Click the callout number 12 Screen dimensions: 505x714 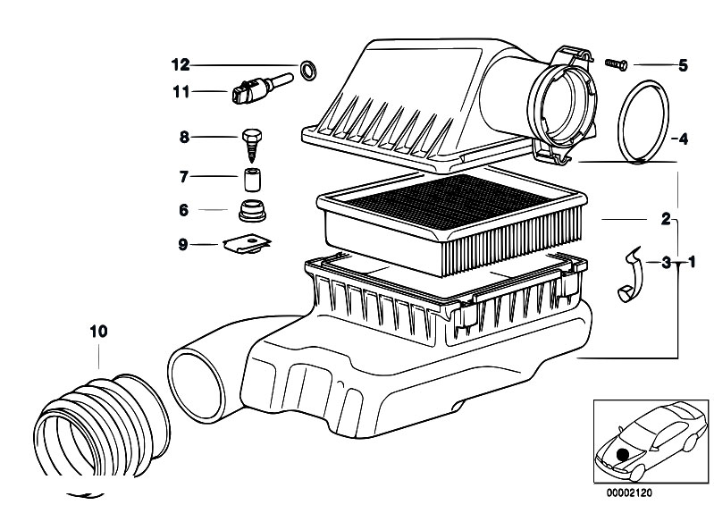(x=181, y=64)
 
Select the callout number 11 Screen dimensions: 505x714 (x=181, y=89)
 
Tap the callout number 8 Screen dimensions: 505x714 (x=185, y=137)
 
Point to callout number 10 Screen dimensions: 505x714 (x=98, y=332)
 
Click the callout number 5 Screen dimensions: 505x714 (x=683, y=64)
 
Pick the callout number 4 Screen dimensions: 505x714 (x=682, y=139)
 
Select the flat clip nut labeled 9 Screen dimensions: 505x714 (x=247, y=242)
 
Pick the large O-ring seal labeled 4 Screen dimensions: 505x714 (x=643, y=121)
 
